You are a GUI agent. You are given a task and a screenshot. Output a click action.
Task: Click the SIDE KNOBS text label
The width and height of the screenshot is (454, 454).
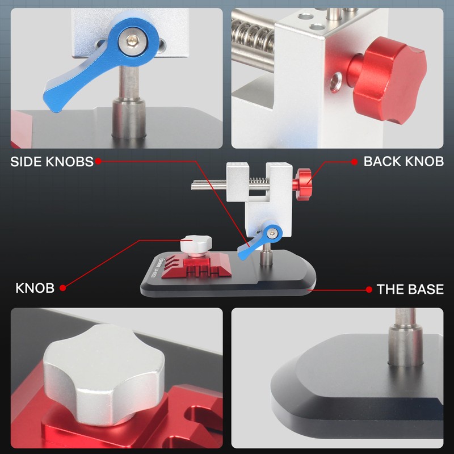(52, 162)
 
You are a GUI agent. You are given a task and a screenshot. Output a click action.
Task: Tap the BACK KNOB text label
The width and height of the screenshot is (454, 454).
(403, 162)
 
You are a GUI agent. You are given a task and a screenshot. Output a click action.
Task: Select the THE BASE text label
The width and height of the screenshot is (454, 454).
(410, 289)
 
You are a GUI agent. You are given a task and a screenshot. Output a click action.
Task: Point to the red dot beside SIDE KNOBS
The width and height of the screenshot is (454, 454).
(98, 162)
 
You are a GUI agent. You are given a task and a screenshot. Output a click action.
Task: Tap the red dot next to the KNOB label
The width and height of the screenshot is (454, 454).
(63, 288)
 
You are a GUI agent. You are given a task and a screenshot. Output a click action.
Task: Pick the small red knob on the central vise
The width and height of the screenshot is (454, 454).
(302, 181)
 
